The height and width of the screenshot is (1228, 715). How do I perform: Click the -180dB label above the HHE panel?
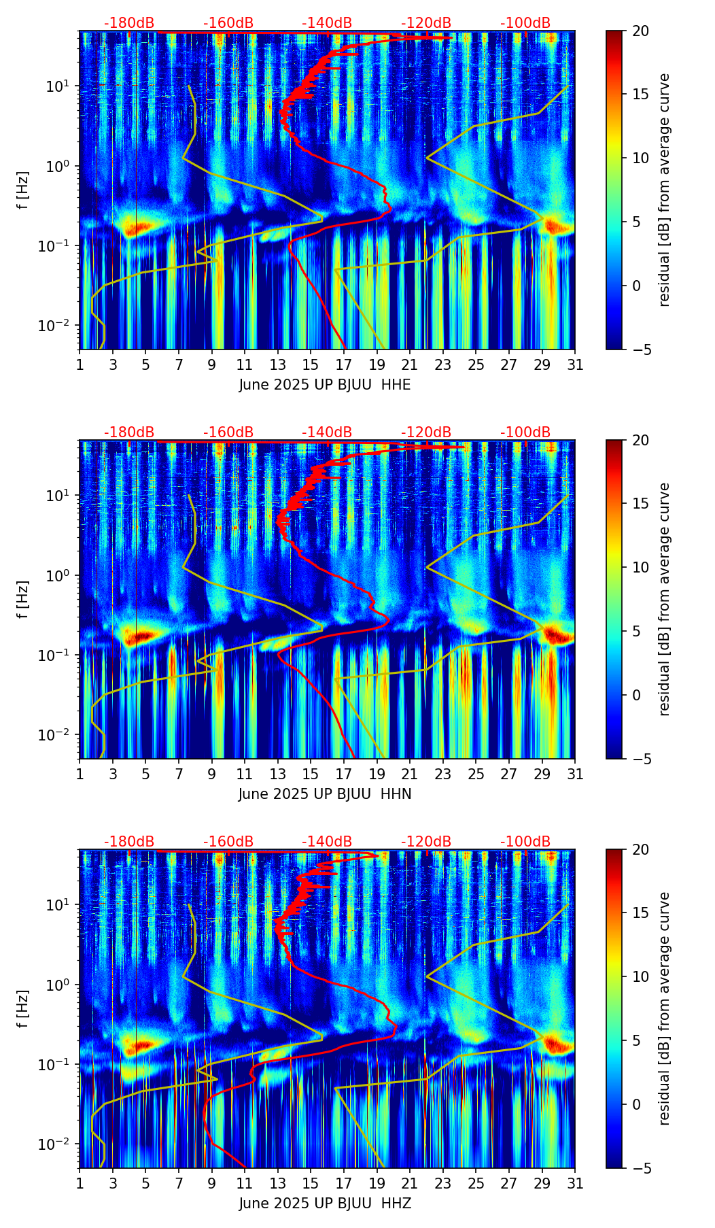tap(129, 23)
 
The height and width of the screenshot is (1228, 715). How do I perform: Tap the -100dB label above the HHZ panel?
tap(525, 842)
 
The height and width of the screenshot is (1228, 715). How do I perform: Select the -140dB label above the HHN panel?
tap(327, 432)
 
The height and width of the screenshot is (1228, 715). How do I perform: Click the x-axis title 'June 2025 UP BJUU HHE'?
tap(325, 385)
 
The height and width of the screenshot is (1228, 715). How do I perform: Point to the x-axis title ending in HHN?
tap(325, 794)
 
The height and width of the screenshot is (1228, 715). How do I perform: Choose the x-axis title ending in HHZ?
tap(325, 1204)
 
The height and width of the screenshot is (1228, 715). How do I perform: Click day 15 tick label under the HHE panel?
tap(311, 365)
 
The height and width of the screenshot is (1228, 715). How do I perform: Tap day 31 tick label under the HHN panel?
tap(575, 774)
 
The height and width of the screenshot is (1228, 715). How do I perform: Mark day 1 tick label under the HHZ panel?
tap(80, 1184)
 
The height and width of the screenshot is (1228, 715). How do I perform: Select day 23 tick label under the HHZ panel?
tap(443, 1184)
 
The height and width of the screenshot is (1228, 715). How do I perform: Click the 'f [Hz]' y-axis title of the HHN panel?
tap(23, 599)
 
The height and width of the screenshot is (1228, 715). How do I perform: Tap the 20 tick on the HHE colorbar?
tap(641, 31)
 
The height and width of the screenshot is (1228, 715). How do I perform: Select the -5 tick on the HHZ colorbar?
tap(641, 1168)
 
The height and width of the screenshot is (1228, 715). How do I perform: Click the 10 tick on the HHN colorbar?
tap(641, 567)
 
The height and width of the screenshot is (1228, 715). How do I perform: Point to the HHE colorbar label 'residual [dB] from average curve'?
tap(664, 190)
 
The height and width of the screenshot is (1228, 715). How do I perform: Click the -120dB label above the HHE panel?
tap(426, 23)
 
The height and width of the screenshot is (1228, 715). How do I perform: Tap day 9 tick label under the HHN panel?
tap(211, 774)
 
